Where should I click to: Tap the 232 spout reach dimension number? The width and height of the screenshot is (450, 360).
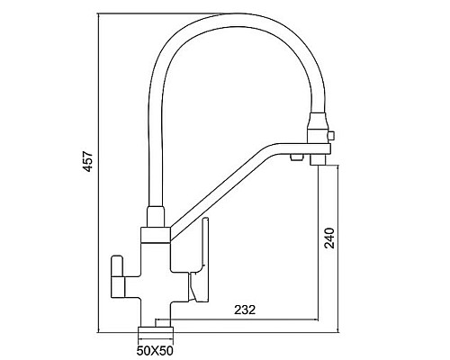245,310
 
